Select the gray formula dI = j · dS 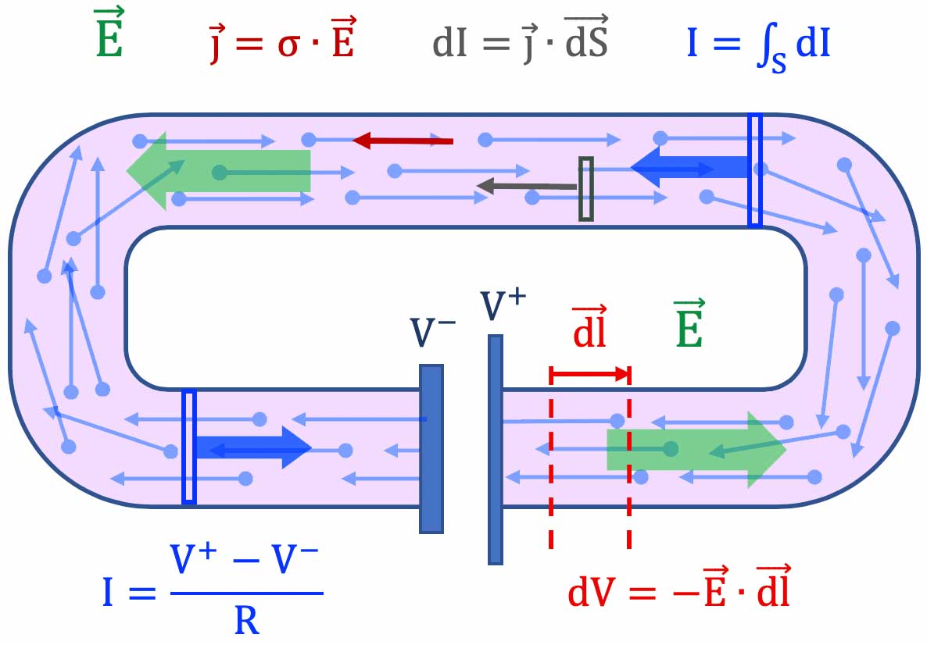click(x=521, y=41)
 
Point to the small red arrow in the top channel click(x=403, y=141)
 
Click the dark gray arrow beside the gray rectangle click(x=527, y=186)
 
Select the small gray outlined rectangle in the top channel click(x=585, y=188)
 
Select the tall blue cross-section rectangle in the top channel click(x=754, y=170)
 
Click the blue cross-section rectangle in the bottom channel click(x=188, y=447)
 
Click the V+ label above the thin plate click(x=500, y=305)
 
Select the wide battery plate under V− click(x=431, y=449)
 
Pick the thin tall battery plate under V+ click(x=495, y=449)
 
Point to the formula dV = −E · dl click(x=678, y=591)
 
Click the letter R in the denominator click(x=246, y=622)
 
